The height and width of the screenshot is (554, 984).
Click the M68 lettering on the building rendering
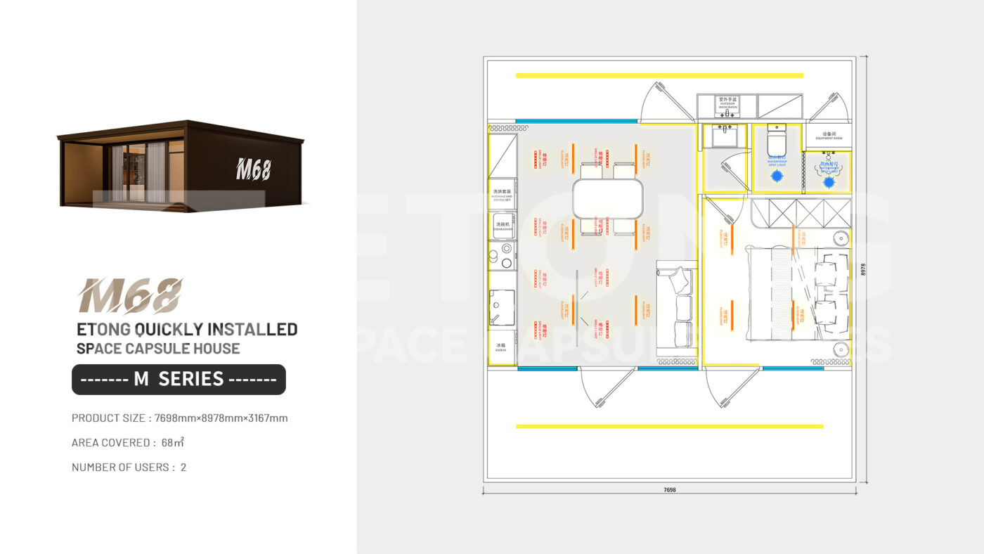[x=253, y=169]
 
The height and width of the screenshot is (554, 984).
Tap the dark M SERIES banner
[x=179, y=380]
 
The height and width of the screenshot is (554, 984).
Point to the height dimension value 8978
[x=863, y=269]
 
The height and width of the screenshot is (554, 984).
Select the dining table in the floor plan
[x=608, y=199]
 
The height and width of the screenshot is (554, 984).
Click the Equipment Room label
[x=828, y=136]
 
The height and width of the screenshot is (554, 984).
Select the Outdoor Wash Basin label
[x=727, y=102]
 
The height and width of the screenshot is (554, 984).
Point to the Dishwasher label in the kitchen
[x=503, y=226]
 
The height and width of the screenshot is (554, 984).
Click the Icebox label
[x=502, y=347]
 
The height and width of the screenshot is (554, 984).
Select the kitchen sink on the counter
[x=502, y=307]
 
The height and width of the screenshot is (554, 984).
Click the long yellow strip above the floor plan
[x=659, y=75]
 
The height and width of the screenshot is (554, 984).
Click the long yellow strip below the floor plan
[x=669, y=426]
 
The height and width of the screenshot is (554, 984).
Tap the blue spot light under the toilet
[x=777, y=177]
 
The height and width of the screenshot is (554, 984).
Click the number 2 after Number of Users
[x=183, y=467]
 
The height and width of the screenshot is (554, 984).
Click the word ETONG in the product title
[x=103, y=329]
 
